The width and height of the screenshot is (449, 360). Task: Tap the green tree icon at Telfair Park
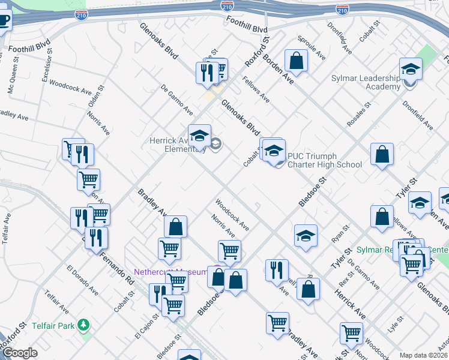84,325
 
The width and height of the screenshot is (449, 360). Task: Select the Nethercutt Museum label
170,272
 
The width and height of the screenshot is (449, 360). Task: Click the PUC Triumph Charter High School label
324,160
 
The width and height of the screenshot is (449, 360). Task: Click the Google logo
19,353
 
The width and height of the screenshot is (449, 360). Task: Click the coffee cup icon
4,20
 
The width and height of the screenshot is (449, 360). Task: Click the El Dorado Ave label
82,280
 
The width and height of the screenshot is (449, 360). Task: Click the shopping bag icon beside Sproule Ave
296,61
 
